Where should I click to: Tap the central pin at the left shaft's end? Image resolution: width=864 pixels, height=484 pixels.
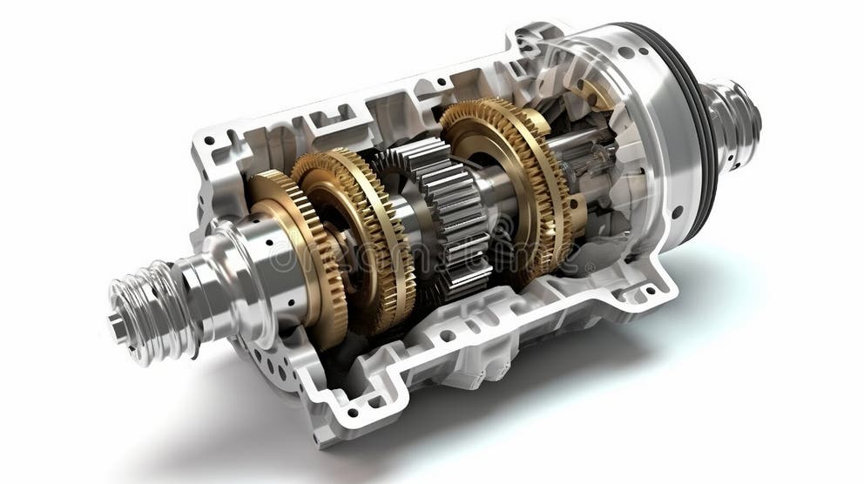coord(115,326)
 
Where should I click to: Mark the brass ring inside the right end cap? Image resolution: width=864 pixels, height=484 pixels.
coord(601,96)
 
